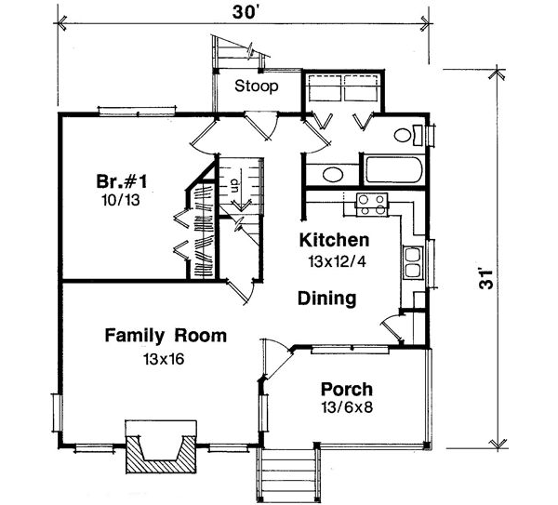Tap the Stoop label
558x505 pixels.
255,87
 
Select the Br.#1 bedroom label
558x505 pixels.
121,180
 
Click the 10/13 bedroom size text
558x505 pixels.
120,198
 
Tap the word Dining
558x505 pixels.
326,299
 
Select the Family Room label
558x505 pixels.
166,335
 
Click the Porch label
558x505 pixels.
347,389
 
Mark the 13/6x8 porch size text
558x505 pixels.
347,408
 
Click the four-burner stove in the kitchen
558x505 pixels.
372,202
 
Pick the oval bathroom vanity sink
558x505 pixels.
328,173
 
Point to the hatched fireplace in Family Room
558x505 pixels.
162,457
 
